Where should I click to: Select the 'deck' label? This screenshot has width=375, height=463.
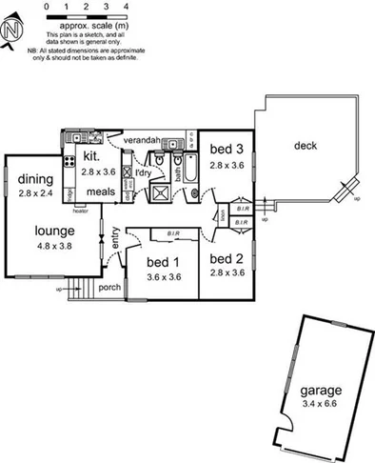[x=305, y=146]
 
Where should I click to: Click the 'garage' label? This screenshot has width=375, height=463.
[x=319, y=391]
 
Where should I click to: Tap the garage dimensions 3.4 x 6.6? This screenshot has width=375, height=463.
[x=319, y=404]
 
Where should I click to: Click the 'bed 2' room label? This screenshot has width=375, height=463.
[x=227, y=259]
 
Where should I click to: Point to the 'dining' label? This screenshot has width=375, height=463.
[x=36, y=179]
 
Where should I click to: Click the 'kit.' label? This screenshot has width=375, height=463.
[x=92, y=155]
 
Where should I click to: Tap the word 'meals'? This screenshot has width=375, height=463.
[x=101, y=191]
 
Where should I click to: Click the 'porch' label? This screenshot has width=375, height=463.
[x=109, y=286]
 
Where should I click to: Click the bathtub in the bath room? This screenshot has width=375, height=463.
[x=184, y=170]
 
